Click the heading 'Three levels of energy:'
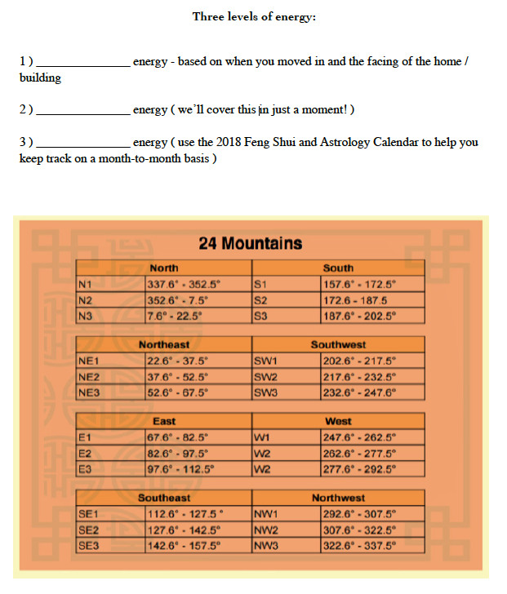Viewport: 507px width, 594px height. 253,16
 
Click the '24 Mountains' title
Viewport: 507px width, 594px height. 250,243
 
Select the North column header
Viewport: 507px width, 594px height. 164,268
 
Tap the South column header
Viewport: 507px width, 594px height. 338,268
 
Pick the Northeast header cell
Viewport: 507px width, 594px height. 164,344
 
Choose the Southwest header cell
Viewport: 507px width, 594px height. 338,344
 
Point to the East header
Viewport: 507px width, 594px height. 164,421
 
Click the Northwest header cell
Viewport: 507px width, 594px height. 338,498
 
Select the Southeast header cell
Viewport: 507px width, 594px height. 164,498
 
